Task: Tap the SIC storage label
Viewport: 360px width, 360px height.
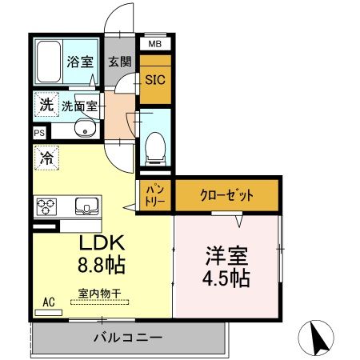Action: [x=154, y=80]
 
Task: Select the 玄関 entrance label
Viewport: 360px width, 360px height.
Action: [x=120, y=62]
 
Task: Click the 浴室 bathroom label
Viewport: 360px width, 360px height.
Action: [x=78, y=61]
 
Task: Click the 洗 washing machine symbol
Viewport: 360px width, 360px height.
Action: [x=44, y=104]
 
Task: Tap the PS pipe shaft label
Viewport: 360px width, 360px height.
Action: [x=39, y=133]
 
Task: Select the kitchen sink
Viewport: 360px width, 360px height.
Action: [x=84, y=207]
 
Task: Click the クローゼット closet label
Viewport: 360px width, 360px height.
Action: [x=226, y=195]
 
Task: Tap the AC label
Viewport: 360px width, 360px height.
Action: [x=48, y=302]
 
